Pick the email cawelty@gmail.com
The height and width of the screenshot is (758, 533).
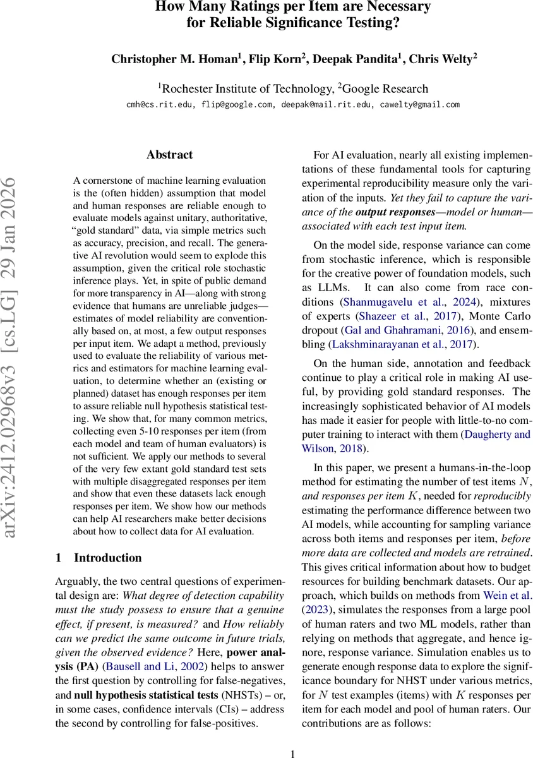click(x=419, y=104)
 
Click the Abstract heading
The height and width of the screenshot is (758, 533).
click(x=169, y=154)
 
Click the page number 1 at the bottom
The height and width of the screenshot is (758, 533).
click(x=292, y=752)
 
